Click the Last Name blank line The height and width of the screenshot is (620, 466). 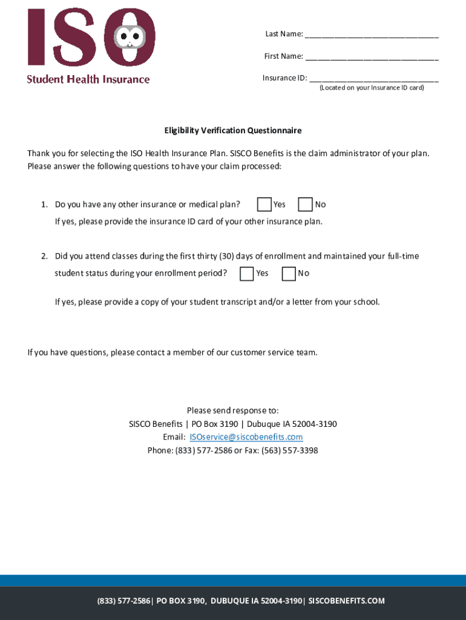pos(372,35)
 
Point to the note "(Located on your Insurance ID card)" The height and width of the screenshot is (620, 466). pos(372,88)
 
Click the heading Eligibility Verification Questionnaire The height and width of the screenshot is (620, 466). pos(233,131)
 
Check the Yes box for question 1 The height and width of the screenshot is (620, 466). pos(264,205)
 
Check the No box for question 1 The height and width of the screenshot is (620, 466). pos(306,205)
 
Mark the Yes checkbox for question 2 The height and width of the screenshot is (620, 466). pos(247,274)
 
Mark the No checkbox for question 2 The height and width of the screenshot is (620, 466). pos(289,274)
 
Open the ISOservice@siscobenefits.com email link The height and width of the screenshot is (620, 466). pos(246,437)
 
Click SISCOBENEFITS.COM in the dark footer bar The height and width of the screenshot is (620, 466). pos(346,601)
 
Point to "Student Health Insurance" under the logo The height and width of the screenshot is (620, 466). pos(88,79)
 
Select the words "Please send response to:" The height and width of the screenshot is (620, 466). pos(233,411)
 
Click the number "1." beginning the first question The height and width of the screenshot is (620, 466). pos(45,205)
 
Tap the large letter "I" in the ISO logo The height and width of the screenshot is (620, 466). pos(37,37)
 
